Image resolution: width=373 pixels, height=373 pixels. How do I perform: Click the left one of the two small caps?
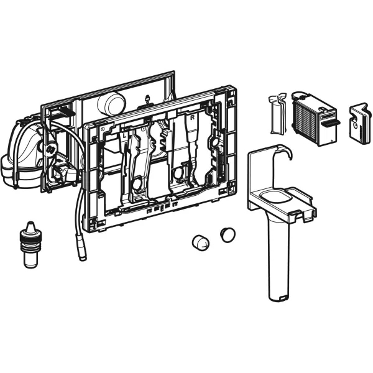pyautogui.click(x=200, y=242)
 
